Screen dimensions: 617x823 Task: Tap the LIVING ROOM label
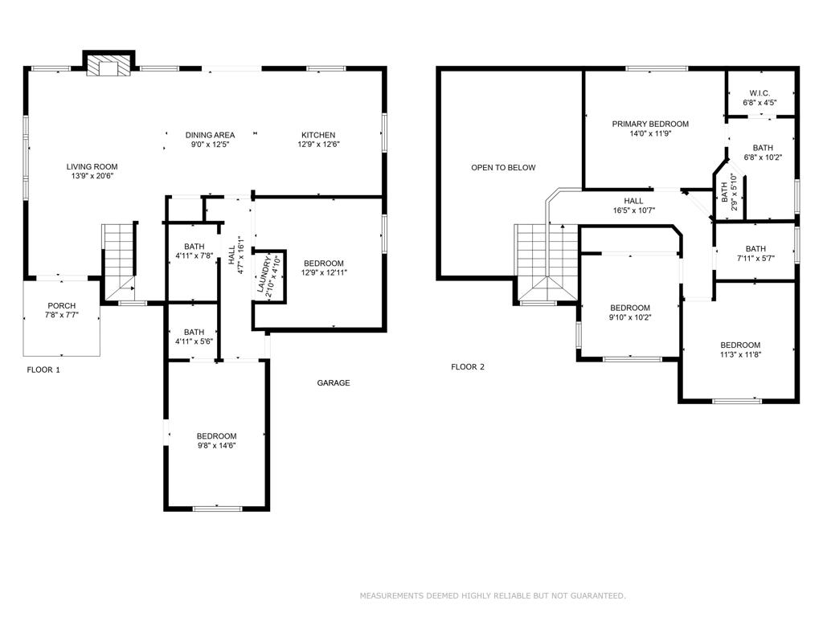click(92, 167)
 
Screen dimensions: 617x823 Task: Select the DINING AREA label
click(210, 135)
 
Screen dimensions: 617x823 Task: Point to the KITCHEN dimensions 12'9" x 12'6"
click(318, 145)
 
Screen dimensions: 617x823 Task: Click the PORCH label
click(61, 305)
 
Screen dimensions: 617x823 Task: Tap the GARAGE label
click(333, 383)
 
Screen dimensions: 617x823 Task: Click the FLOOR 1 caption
click(43, 370)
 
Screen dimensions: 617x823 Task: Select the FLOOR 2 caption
click(468, 367)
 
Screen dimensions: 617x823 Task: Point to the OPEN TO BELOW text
click(503, 168)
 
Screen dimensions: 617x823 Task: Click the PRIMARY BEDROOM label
click(650, 124)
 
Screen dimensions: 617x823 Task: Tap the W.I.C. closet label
click(760, 92)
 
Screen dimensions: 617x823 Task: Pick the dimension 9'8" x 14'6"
click(216, 446)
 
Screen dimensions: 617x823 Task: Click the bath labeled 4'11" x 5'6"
click(194, 337)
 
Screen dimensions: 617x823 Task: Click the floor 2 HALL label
click(633, 201)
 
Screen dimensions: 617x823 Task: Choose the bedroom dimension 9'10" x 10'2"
click(629, 317)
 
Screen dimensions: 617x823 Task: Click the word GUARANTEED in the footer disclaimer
click(596, 595)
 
